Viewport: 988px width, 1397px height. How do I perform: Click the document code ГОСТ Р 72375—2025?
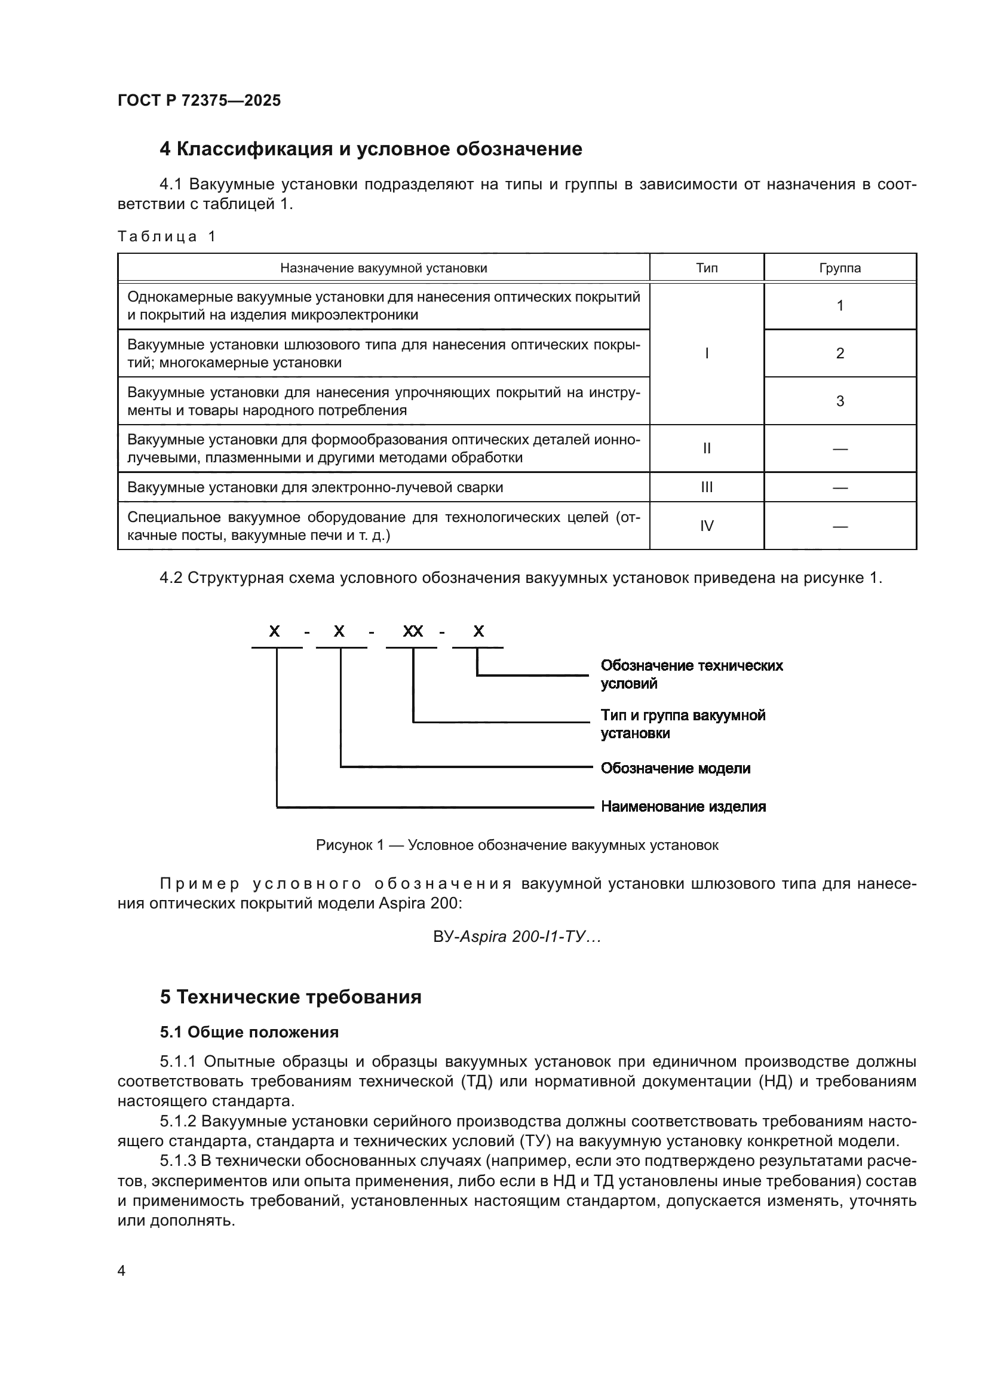click(199, 100)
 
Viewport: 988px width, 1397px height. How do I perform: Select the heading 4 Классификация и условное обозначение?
click(370, 149)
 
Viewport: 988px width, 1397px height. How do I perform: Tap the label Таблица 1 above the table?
click(166, 236)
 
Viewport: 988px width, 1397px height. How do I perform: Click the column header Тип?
click(706, 268)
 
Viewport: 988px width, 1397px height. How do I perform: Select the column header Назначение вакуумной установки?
click(383, 268)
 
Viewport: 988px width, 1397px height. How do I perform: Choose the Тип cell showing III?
click(706, 487)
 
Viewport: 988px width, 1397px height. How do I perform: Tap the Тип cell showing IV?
click(706, 526)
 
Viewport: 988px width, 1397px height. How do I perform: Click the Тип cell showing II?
click(706, 449)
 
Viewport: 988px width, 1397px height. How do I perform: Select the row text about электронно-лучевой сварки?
click(315, 487)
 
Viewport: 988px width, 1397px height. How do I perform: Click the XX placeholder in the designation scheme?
click(413, 631)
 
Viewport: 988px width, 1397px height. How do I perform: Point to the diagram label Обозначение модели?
click(676, 768)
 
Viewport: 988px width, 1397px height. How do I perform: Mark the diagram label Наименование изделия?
click(683, 806)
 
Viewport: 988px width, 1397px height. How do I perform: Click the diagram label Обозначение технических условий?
click(691, 674)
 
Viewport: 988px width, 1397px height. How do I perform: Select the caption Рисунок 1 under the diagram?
click(517, 845)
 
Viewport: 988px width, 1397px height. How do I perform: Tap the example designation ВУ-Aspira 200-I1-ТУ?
click(517, 937)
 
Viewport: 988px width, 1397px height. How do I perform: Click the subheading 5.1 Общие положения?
click(250, 1032)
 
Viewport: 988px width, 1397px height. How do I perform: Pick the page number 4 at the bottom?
click(121, 1270)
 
